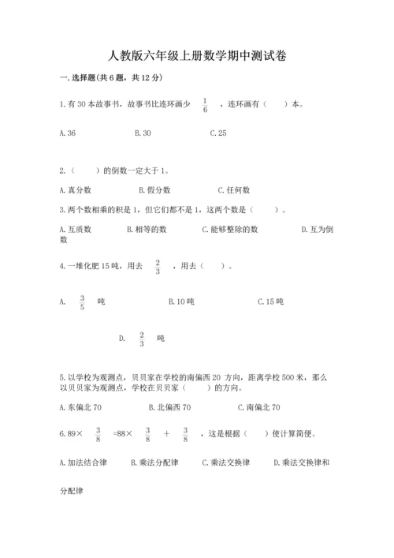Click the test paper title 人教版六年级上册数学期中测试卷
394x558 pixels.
pos(197,56)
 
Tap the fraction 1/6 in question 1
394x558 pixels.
pos(206,106)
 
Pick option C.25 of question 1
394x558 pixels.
pos(218,133)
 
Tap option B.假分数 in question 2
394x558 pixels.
pos(154,190)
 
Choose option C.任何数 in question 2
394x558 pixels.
pos(234,190)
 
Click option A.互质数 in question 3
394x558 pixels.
pos(76,230)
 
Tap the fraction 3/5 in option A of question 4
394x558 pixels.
pos(82,302)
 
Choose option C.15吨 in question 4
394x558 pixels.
pos(270,302)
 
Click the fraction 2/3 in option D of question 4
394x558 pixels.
pos(142,339)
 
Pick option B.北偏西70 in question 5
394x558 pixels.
pos(169,407)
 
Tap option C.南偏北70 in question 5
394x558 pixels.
pos(258,407)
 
